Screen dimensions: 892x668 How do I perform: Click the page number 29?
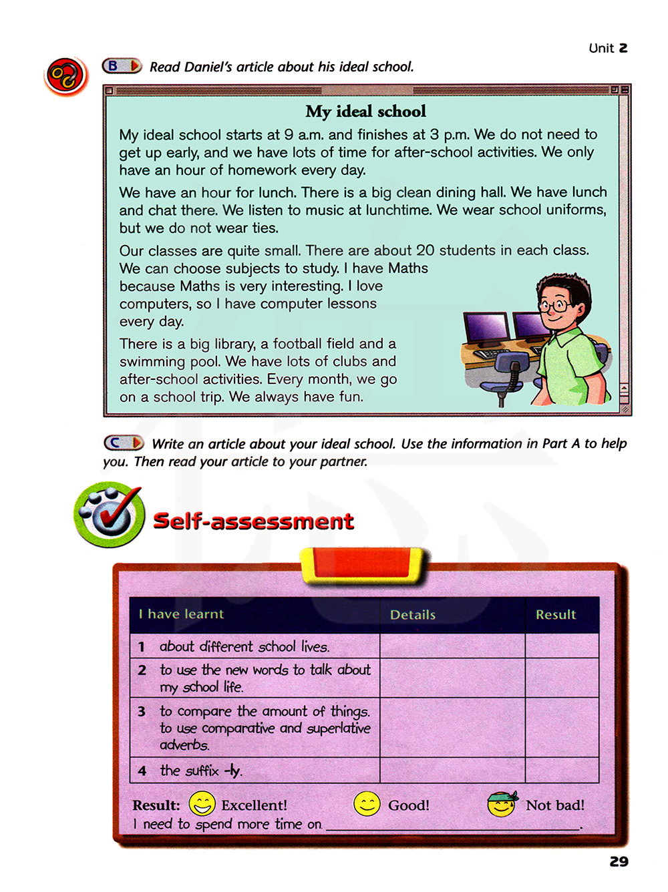coord(619,861)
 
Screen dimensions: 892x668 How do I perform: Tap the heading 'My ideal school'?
coord(365,111)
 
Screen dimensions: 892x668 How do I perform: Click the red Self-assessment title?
coord(253,521)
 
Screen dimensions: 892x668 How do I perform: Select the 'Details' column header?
coord(412,615)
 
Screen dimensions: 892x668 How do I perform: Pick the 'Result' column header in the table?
coord(555,614)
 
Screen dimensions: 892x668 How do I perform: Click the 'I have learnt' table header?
coord(181,614)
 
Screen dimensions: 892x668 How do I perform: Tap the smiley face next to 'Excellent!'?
coord(202,804)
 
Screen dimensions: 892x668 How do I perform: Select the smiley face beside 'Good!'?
coord(367,804)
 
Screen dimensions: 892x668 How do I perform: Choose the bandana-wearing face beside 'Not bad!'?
coord(502,804)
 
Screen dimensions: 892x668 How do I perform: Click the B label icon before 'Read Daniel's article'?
coord(122,65)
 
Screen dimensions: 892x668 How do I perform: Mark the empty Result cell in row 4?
coord(562,770)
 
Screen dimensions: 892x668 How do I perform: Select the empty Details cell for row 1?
coord(452,646)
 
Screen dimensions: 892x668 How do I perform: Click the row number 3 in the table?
coord(142,712)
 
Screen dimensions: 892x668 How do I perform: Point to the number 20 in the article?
coord(425,250)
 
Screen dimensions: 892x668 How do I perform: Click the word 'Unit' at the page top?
coord(601,48)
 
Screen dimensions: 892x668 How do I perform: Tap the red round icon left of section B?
coord(65,75)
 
